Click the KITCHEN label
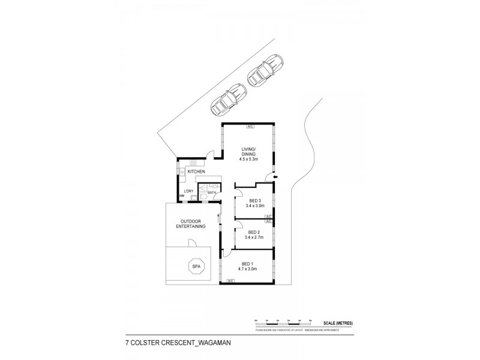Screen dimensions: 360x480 point(197,172)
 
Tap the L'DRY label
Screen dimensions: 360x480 point(188,191)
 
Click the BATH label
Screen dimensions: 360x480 point(212,192)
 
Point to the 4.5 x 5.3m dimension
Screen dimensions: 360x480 point(248,160)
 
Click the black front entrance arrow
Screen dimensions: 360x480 point(276,177)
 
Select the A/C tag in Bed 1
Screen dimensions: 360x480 point(230,280)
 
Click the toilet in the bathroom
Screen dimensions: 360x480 point(203,196)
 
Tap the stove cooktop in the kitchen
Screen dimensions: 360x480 point(194,163)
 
